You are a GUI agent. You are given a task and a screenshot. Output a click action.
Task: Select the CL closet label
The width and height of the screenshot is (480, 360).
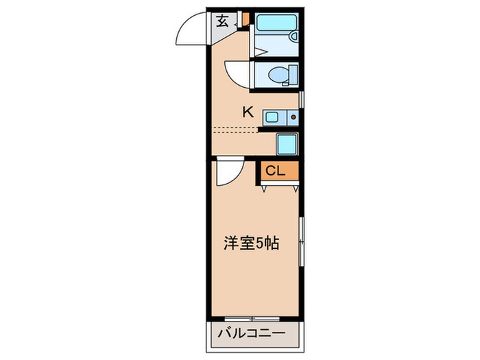tap(275, 171)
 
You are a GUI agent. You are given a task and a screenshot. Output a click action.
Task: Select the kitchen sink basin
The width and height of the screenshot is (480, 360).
tap(271, 117)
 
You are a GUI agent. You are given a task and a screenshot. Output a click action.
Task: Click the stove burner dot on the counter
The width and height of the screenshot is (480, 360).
tap(293, 117)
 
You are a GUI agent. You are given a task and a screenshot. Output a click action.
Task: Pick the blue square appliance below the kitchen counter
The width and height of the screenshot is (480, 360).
tap(286, 145)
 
